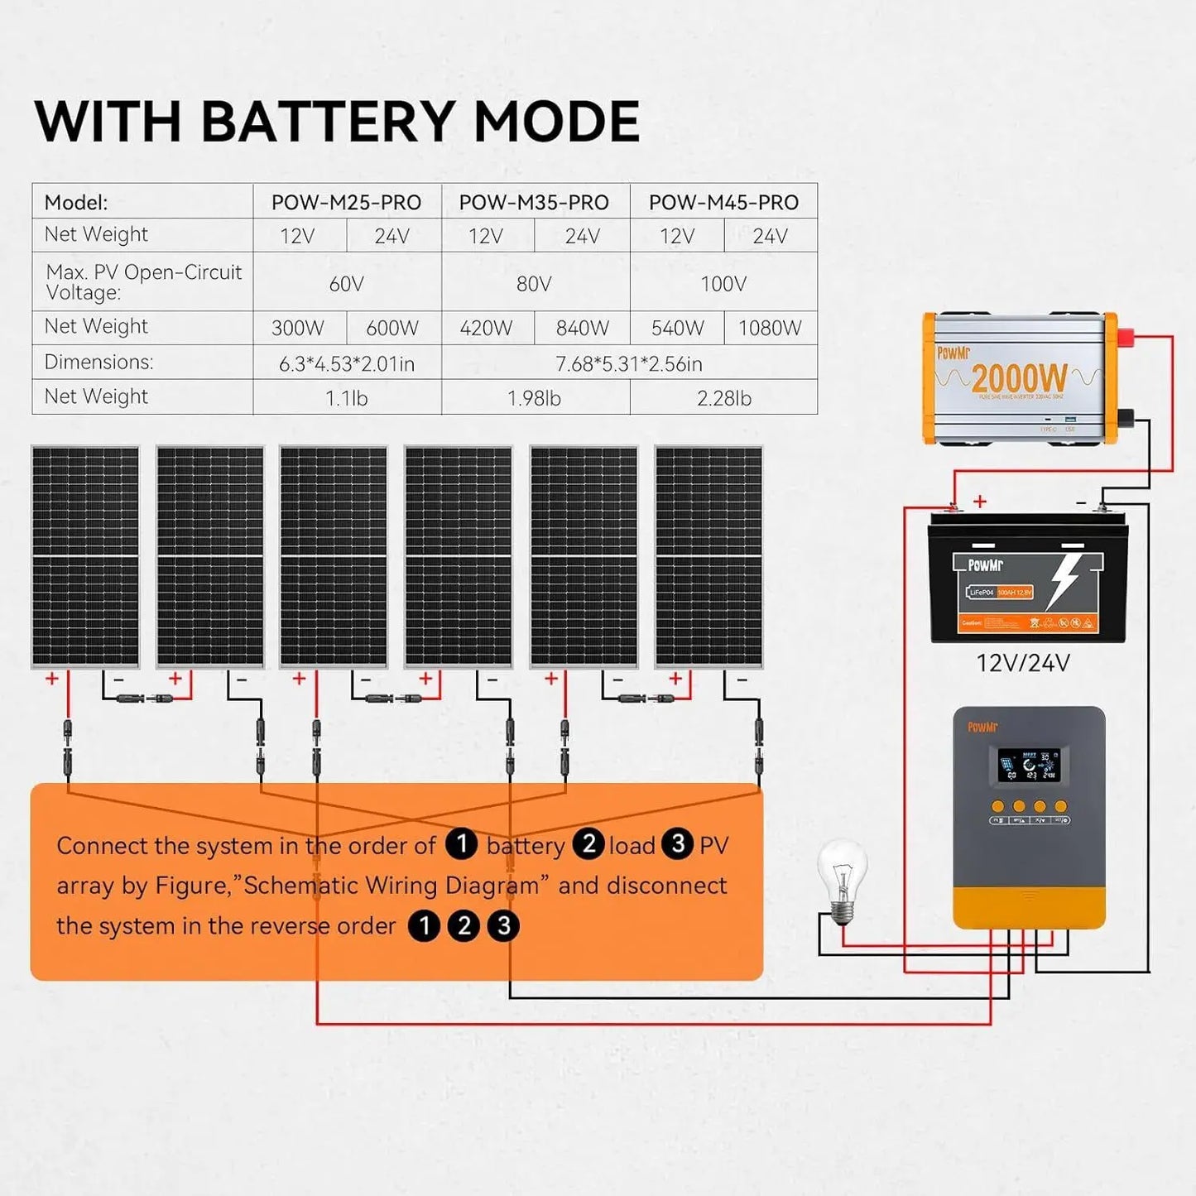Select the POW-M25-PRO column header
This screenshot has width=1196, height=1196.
(x=346, y=202)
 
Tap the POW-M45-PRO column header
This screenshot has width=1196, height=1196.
(x=723, y=202)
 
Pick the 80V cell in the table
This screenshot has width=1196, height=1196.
(x=534, y=284)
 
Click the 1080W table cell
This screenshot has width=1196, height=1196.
(x=770, y=328)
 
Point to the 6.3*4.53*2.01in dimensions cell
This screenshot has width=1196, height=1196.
(x=346, y=363)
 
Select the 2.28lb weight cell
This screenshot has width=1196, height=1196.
(x=723, y=398)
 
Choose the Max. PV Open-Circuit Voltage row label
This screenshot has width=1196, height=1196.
(x=143, y=282)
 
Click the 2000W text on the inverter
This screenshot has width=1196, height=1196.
(x=1019, y=379)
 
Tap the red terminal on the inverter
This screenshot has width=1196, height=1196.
(x=1125, y=337)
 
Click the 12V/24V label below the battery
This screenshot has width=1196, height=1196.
(x=1023, y=663)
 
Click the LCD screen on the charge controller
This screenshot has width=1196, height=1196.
(x=1028, y=766)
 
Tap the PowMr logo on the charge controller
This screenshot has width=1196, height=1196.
(x=982, y=728)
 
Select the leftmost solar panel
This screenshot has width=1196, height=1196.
(x=85, y=556)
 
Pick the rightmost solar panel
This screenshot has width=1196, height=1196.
(x=708, y=556)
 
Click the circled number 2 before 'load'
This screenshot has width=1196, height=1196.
(x=589, y=843)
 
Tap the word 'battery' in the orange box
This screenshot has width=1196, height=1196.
(x=526, y=846)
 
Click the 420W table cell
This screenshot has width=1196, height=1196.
(x=486, y=328)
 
